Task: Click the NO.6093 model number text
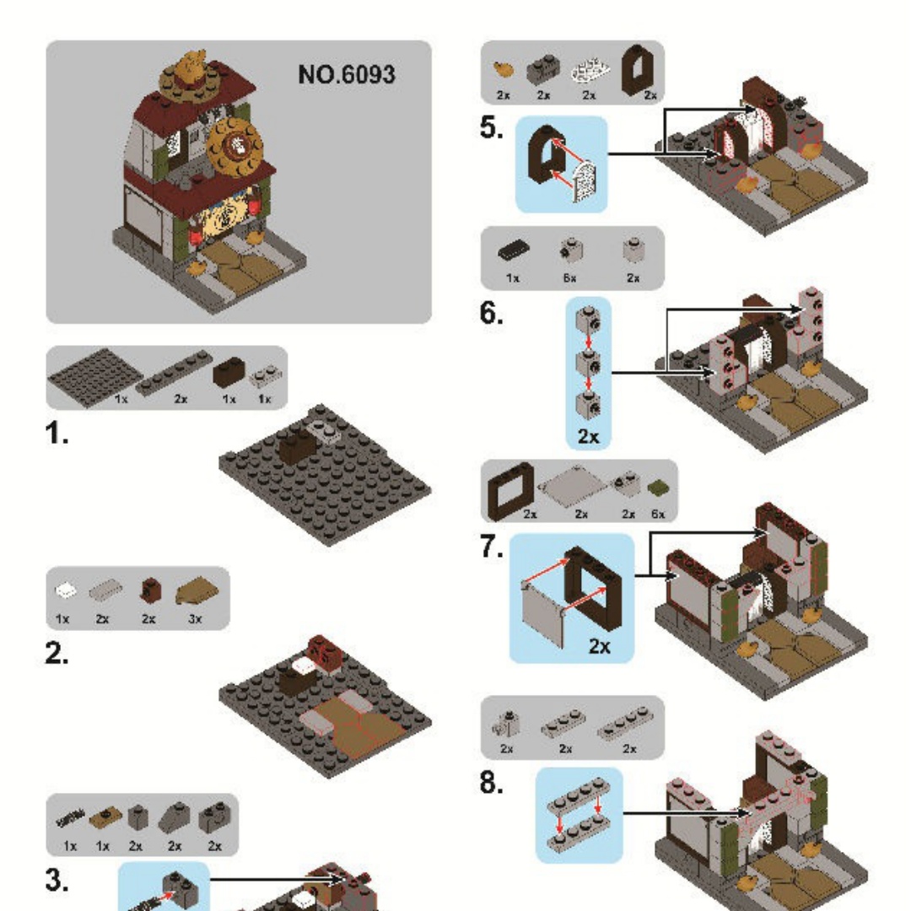coord(347,75)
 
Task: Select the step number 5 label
coord(492,128)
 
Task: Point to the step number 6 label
coord(492,315)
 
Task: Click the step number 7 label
coord(492,547)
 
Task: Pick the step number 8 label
coord(492,783)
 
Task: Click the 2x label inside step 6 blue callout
coord(588,437)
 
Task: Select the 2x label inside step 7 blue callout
coord(599,648)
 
